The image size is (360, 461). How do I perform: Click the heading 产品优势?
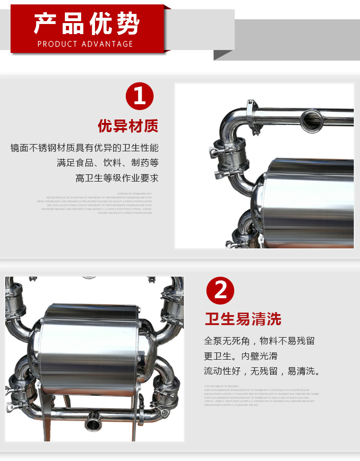(86, 24)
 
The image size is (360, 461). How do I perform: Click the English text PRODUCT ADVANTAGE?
(85, 44)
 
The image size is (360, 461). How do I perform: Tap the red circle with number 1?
(139, 97)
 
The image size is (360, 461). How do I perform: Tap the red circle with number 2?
(220, 291)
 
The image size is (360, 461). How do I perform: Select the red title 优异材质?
(128, 126)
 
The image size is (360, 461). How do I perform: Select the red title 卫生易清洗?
(243, 319)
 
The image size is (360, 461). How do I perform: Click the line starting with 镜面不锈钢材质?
(84, 148)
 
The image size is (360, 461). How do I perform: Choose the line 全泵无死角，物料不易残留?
(259, 341)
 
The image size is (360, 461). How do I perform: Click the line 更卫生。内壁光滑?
(240, 356)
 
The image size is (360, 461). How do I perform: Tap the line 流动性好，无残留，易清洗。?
(262, 371)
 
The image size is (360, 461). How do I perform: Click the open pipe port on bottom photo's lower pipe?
(91, 424)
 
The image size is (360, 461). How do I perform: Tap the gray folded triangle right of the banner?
(223, 55)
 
